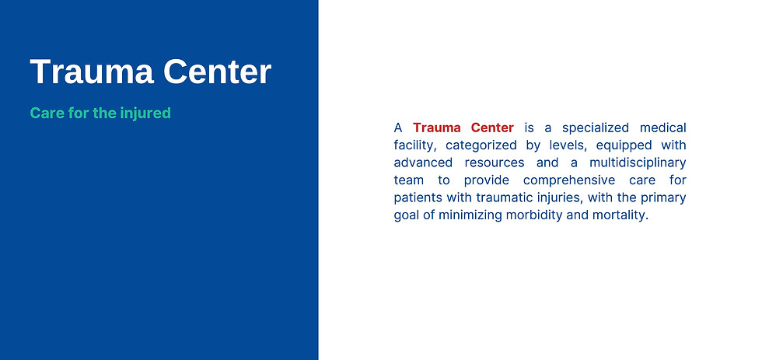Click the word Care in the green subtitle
[x=45, y=113]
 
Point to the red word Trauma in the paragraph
[x=439, y=128]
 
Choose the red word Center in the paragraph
[x=492, y=128]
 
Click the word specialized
[x=597, y=128]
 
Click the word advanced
[x=421, y=163]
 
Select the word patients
[x=417, y=197]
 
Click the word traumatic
[x=501, y=197]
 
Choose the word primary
[x=663, y=197]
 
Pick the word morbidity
[x=537, y=215]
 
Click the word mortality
[x=619, y=215]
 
